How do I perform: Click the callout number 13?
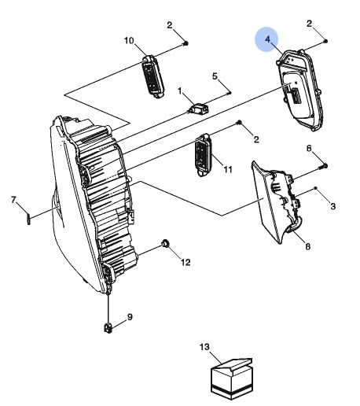[204, 347]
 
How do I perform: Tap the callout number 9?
[130, 317]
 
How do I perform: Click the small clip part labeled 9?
[108, 328]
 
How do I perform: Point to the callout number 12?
[186, 262]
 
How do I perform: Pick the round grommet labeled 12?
[165, 243]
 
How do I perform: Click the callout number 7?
[13, 200]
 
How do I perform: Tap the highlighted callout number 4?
[267, 39]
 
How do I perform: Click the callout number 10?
[129, 41]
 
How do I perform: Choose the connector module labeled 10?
[152, 76]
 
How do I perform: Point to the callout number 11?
[228, 169]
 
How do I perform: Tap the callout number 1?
[180, 91]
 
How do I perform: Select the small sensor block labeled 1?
[199, 109]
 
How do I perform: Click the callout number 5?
[215, 76]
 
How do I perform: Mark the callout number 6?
[309, 149]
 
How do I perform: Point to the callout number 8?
[308, 246]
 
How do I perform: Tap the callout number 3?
[332, 206]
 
